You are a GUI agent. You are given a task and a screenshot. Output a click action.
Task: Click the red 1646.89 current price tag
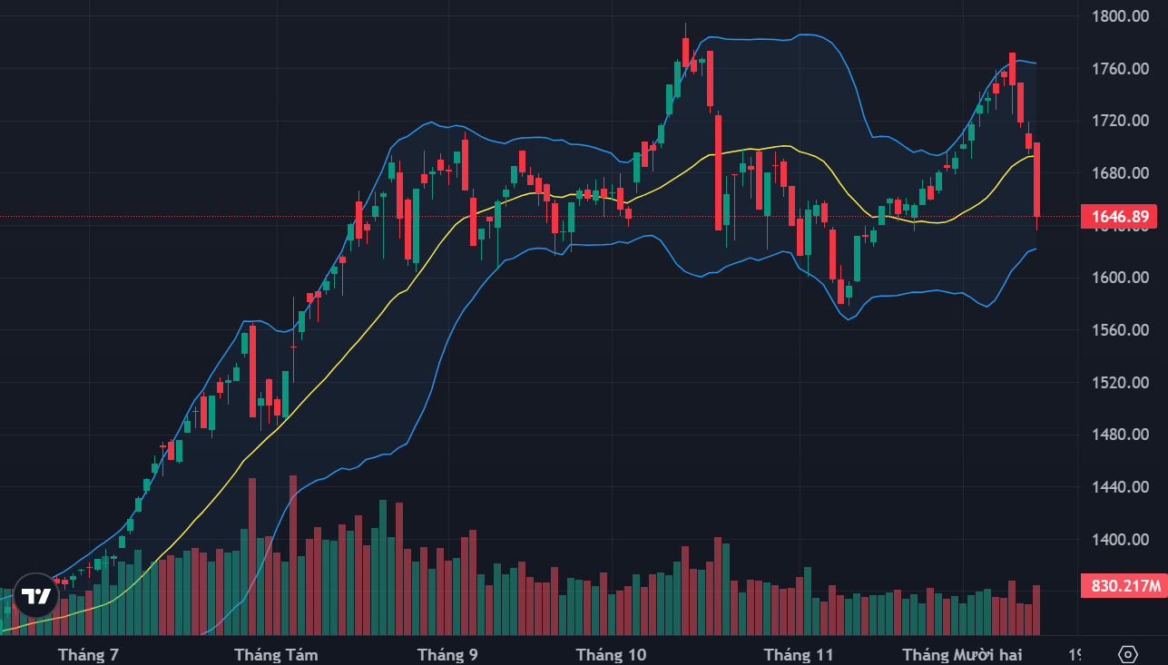pyautogui.click(x=1121, y=217)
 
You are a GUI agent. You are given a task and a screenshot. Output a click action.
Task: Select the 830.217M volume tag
pyautogui.click(x=1124, y=586)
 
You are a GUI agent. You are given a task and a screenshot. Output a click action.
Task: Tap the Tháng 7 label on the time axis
pyautogui.click(x=88, y=654)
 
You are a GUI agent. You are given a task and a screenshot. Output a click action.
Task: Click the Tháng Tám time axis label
pyautogui.click(x=276, y=654)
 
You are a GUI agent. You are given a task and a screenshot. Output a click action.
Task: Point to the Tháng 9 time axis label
pyautogui.click(x=447, y=654)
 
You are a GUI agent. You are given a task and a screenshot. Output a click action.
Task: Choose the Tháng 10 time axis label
pyautogui.click(x=612, y=654)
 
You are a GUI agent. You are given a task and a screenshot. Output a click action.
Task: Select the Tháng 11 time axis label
pyautogui.click(x=799, y=654)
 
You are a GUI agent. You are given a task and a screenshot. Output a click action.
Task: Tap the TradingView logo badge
pyautogui.click(x=36, y=596)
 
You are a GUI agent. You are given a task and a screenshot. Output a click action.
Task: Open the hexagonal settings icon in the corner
pyautogui.click(x=1128, y=654)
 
